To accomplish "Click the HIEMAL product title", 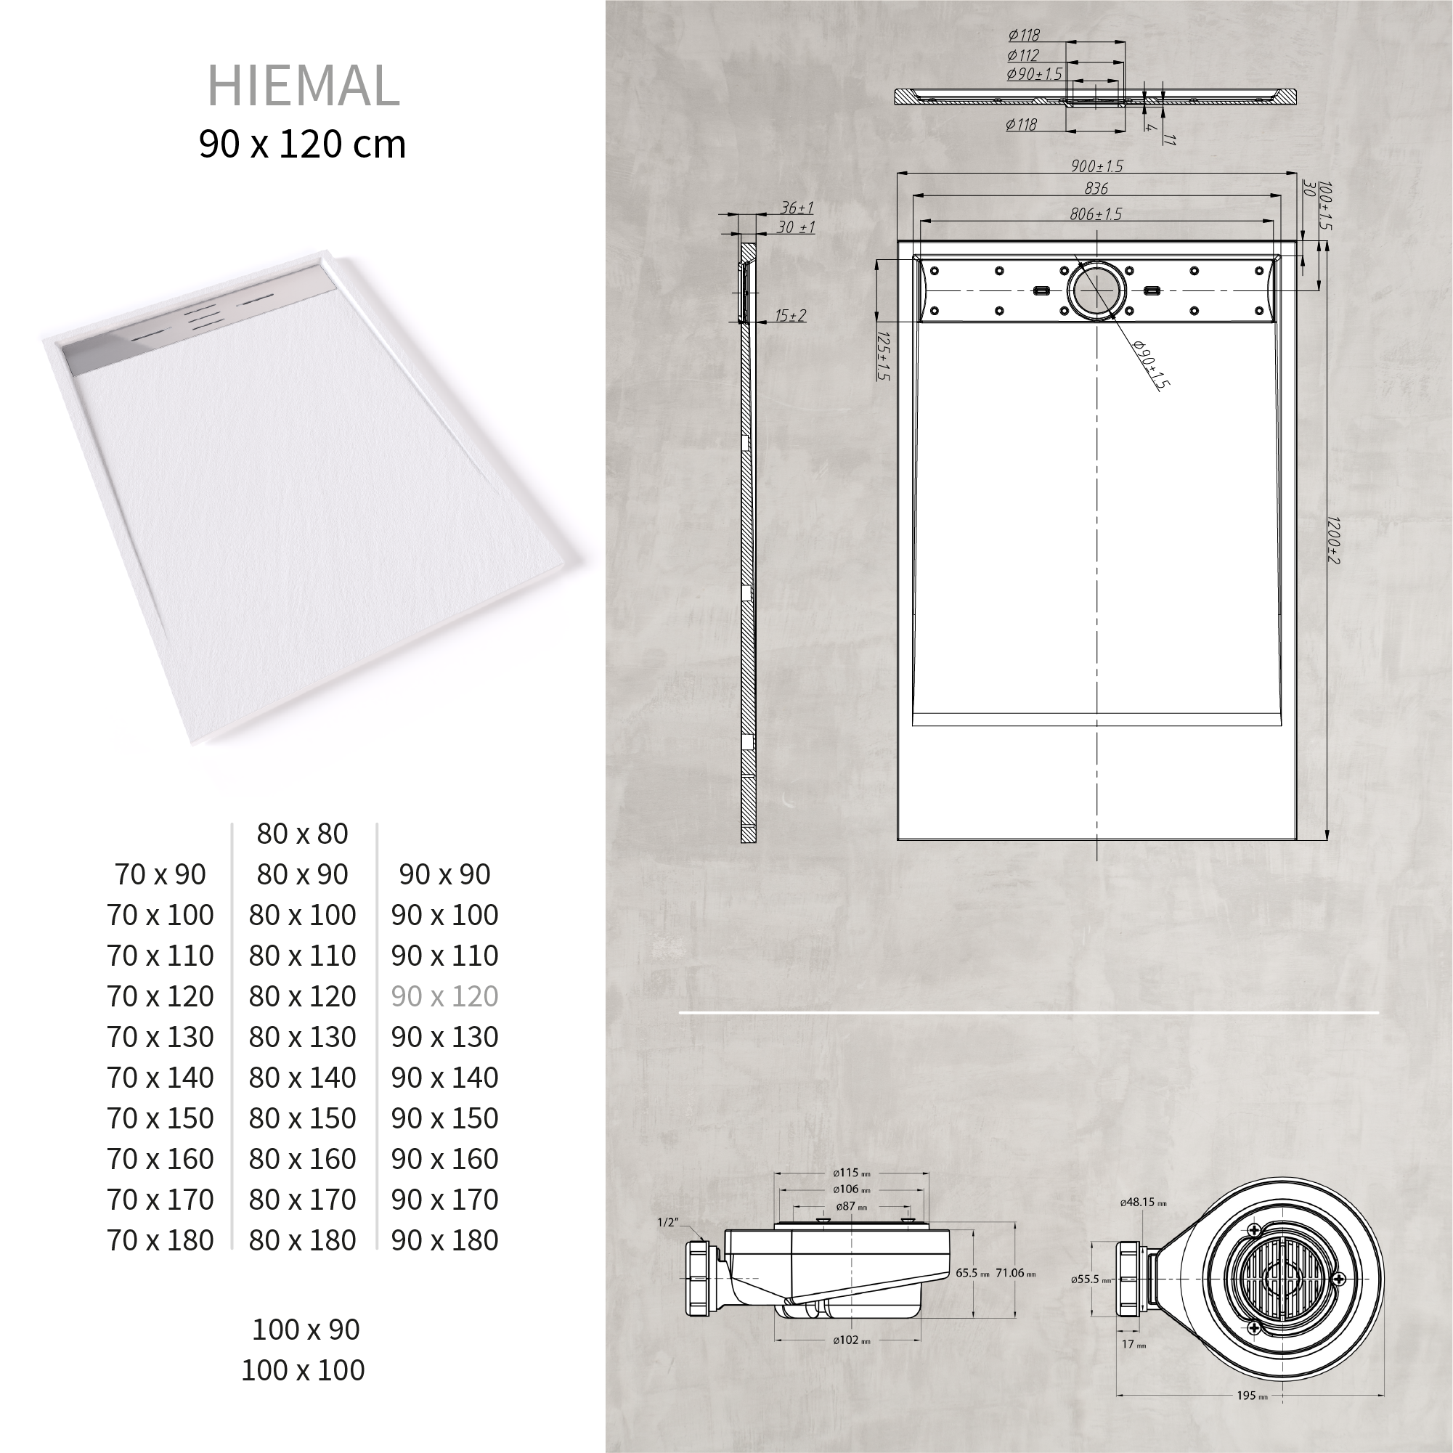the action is [303, 86].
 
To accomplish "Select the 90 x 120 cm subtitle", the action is [302, 144].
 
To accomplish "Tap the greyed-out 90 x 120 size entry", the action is [444, 996].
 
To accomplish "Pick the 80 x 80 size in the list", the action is [302, 834].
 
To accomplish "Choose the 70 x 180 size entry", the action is [160, 1240].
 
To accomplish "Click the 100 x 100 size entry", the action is [302, 1369].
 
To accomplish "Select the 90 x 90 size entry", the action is [444, 874].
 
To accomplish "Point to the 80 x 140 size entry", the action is [302, 1078].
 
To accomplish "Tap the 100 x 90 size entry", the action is [305, 1329].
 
